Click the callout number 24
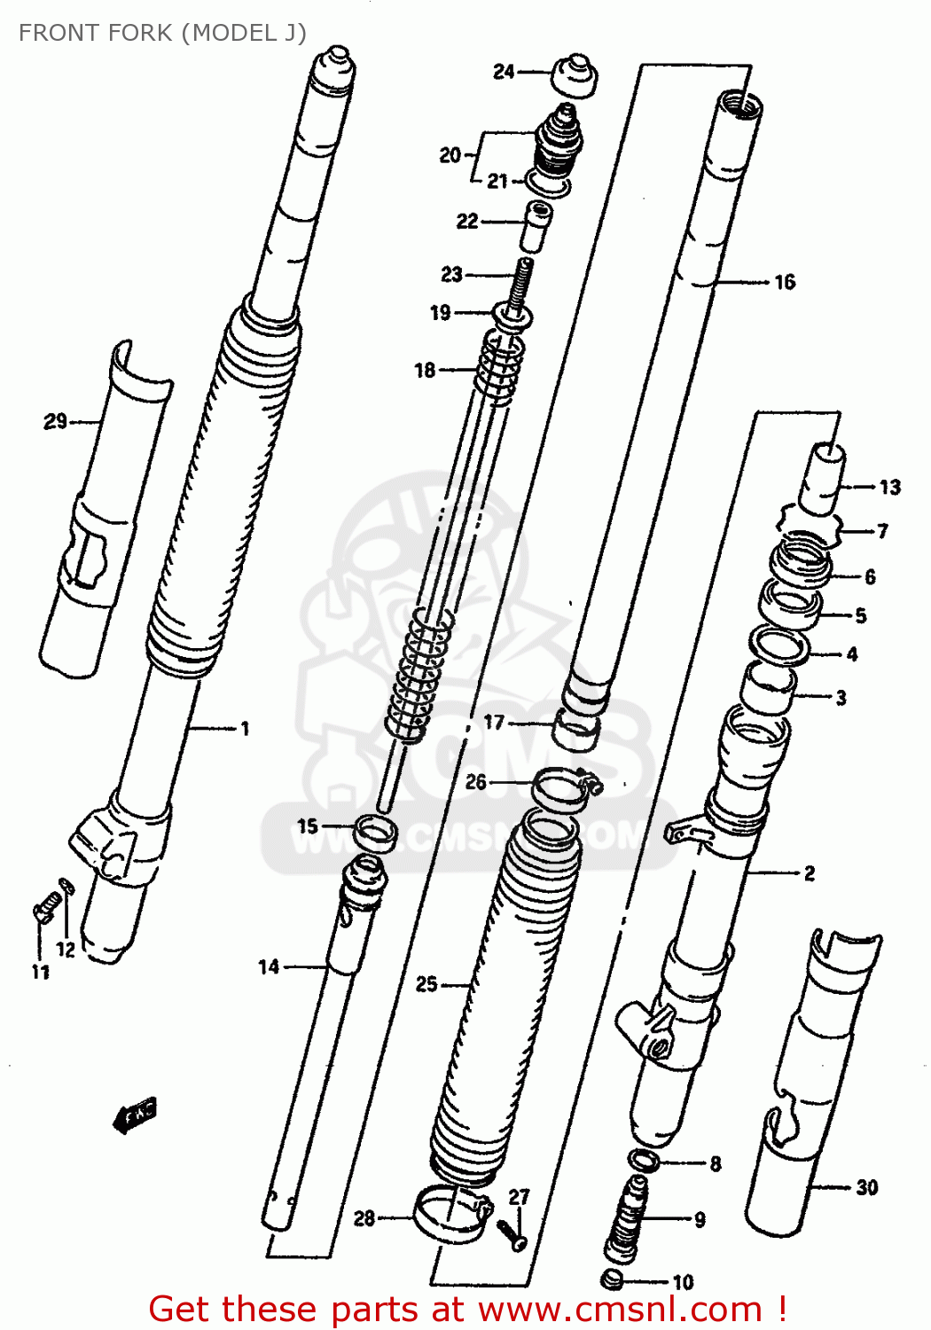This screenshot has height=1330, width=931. [504, 72]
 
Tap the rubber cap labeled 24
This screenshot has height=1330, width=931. [574, 75]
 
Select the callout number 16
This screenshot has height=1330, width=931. [785, 283]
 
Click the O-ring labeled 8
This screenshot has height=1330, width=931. [642, 1159]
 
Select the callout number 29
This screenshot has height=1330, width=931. [55, 421]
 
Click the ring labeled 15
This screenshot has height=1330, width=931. [375, 832]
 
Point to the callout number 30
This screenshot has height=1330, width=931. [866, 1187]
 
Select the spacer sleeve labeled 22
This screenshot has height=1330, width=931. [536, 227]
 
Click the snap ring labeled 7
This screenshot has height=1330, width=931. [808, 530]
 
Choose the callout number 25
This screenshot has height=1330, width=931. [426, 984]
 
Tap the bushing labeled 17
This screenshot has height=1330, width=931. [576, 730]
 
